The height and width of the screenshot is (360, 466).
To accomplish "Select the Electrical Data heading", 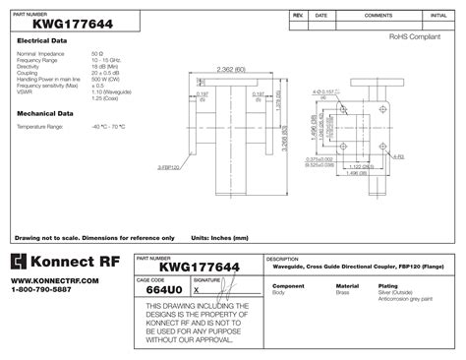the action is point(41,40).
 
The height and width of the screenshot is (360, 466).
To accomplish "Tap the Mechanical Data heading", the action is point(43,114).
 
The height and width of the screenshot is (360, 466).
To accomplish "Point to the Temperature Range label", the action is point(40,127).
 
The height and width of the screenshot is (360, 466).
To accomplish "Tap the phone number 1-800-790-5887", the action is point(41,291).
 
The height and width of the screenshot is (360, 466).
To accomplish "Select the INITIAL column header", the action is point(437,17).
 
